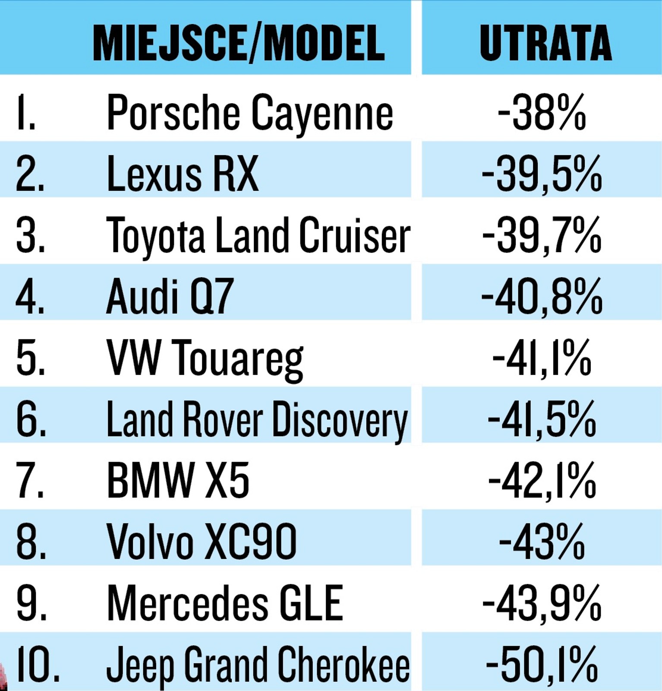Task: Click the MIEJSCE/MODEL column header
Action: click(x=238, y=43)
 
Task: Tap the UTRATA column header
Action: click(x=545, y=43)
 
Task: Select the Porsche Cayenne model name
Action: click(x=249, y=113)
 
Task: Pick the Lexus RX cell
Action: click(x=182, y=174)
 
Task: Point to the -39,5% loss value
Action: click(x=542, y=174)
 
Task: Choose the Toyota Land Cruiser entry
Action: click(x=258, y=236)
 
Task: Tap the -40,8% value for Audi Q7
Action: click(x=542, y=297)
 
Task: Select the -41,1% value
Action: click(x=542, y=358)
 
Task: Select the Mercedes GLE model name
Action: click(x=224, y=604)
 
